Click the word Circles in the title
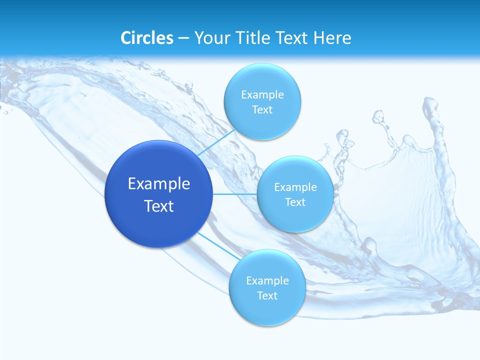coord(147,38)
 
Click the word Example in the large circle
coord(159,184)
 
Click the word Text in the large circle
coord(159,206)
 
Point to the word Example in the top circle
coord(262,95)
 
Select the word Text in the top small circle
coord(262,110)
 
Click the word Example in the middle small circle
coord(295,187)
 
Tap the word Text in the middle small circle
coord(295,202)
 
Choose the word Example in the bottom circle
coord(267,281)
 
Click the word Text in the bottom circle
coord(267,296)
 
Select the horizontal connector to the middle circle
coord(234,194)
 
